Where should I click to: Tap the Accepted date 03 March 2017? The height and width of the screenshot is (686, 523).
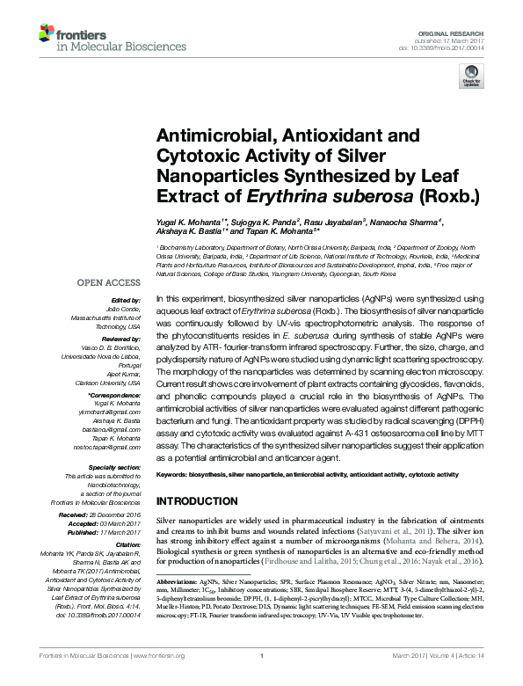(115, 522)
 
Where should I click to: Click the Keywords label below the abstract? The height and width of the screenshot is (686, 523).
(177, 475)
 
